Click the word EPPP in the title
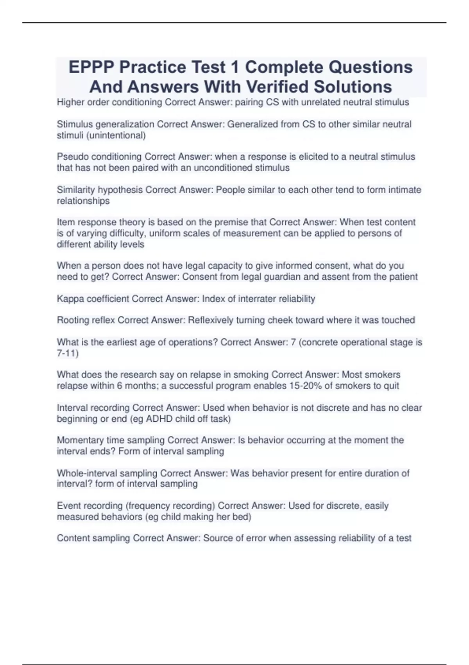pyautogui.click(x=91, y=67)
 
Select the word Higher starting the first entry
pyautogui.click(x=71, y=102)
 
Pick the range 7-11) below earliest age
pyautogui.click(x=68, y=354)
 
